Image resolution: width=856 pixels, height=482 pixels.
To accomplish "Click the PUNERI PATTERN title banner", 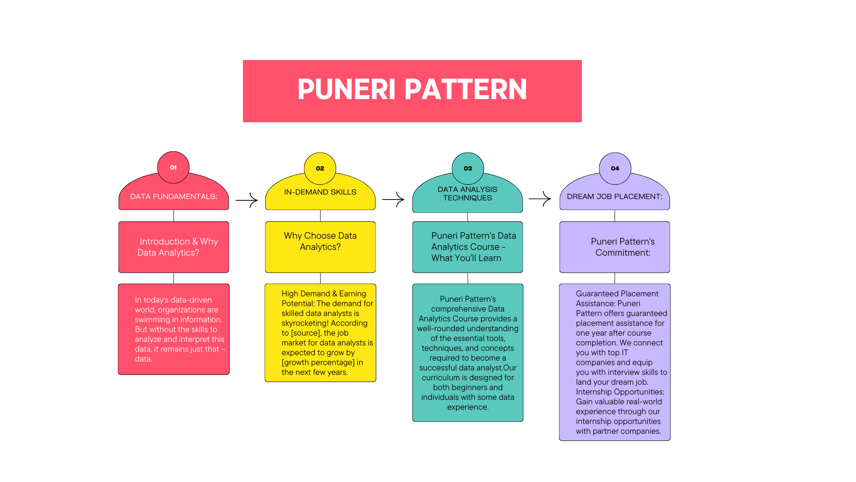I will click(412, 91).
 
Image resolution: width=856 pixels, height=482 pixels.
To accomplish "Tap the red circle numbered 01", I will click(173, 167).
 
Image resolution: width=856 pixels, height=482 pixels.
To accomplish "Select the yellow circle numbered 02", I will click(320, 168).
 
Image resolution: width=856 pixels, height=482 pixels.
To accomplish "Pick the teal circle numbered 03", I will click(468, 168).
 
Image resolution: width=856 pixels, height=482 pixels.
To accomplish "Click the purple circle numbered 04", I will click(615, 168).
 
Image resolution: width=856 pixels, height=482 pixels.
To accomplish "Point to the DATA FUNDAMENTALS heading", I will click(173, 196).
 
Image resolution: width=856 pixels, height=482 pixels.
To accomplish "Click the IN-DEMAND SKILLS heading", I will click(320, 192).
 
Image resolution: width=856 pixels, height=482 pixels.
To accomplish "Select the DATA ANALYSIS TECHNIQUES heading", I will click(467, 194).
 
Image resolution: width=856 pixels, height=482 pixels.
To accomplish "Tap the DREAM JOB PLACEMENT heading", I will click(614, 196).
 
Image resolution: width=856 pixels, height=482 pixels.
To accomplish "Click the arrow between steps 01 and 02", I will click(247, 200).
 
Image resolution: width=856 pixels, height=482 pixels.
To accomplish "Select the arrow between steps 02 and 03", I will click(393, 199).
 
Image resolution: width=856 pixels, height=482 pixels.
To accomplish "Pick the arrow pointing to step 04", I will click(540, 199).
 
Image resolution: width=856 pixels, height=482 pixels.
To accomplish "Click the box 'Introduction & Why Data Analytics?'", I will click(173, 247).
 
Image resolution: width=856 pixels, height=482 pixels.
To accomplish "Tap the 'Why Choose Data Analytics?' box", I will click(320, 247).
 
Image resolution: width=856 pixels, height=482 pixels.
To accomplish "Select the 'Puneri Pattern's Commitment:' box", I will click(614, 247).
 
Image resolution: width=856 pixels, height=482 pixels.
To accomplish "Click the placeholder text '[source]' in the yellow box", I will click(305, 333).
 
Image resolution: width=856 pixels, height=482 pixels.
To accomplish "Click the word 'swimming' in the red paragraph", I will click(153, 320).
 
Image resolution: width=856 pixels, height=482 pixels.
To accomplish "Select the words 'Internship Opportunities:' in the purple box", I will click(620, 392).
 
